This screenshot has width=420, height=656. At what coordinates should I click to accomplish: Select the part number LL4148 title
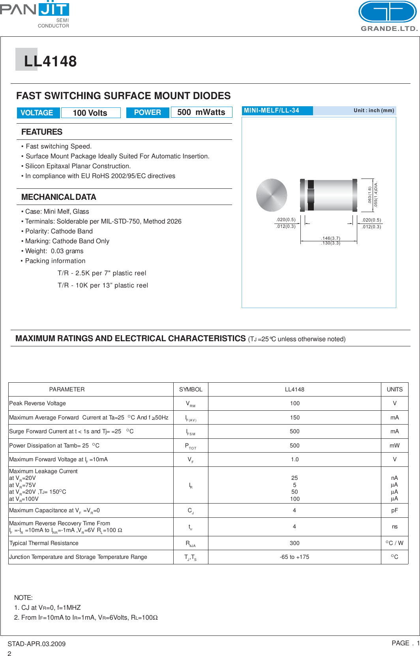pyautogui.click(x=50, y=61)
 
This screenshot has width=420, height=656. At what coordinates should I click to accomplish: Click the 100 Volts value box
pyautogui.click(x=90, y=113)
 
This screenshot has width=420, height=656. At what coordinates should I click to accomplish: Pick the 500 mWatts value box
pyautogui.click(x=201, y=113)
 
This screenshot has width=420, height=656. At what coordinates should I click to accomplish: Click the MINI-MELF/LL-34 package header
pyautogui.click(x=272, y=111)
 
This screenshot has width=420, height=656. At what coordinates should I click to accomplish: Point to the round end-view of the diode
pyautogui.click(x=272, y=195)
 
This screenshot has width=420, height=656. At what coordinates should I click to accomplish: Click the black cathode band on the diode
pyautogui.click(x=311, y=195)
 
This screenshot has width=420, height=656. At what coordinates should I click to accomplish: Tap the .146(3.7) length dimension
pyautogui.click(x=330, y=238)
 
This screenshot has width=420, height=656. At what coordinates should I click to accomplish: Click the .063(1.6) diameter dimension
pyautogui.click(x=370, y=195)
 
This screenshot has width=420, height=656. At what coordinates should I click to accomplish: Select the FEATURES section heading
pyautogui.click(x=42, y=132)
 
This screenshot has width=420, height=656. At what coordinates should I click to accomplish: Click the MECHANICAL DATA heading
pyautogui.click(x=59, y=197)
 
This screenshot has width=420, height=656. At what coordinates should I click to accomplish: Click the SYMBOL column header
pyautogui.click(x=191, y=389)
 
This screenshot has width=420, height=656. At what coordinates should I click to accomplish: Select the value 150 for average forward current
pyautogui.click(x=294, y=417)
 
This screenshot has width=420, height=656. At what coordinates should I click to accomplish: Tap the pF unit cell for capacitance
pyautogui.click(x=394, y=510)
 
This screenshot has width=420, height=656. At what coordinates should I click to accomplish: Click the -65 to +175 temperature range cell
pyautogui.click(x=294, y=557)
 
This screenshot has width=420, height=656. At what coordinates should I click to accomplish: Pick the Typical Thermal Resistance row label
pyautogui.click(x=44, y=543)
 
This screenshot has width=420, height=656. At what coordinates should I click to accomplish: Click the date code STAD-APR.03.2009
pyautogui.click(x=36, y=644)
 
